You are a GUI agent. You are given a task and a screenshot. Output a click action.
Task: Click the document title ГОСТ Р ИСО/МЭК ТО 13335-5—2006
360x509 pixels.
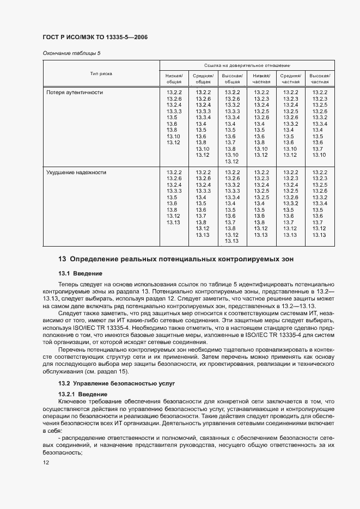(x=95, y=37)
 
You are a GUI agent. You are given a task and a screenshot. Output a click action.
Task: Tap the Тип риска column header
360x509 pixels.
(x=101, y=73)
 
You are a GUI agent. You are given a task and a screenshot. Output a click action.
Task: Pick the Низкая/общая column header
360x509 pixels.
(x=174, y=78)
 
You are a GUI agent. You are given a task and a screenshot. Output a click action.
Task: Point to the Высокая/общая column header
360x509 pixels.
(x=232, y=78)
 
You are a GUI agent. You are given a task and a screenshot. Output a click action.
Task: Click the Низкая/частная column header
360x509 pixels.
(x=261, y=78)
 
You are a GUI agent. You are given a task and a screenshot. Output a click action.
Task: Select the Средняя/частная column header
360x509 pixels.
(x=290, y=78)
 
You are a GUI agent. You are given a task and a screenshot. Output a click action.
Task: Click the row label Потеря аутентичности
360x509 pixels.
(x=75, y=93)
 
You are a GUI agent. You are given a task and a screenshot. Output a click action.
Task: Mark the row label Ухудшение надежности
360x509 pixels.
(x=76, y=172)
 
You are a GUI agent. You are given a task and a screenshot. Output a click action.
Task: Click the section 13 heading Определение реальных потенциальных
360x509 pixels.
(x=176, y=259)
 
